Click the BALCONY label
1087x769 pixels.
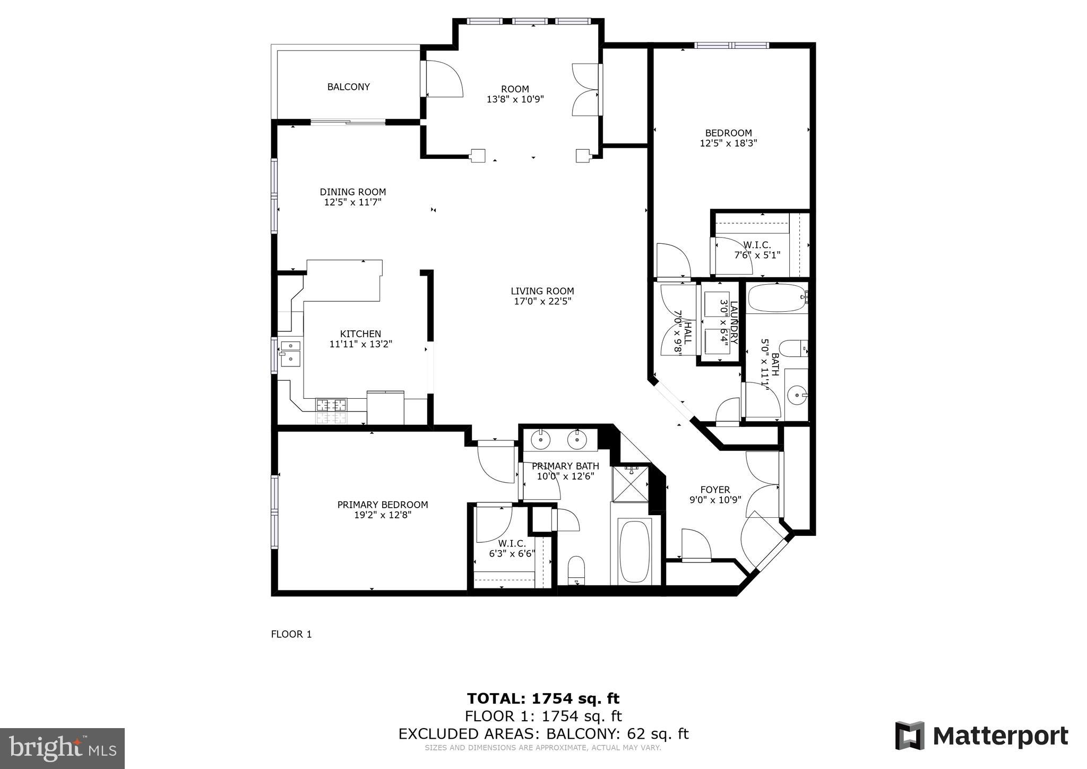pyautogui.click(x=348, y=87)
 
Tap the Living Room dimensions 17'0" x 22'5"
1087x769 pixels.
pyautogui.click(x=542, y=301)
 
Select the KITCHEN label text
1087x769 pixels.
pyautogui.click(x=360, y=334)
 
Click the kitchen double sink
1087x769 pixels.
pyautogui.click(x=290, y=353)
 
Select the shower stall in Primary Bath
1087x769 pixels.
pyautogui.click(x=631, y=484)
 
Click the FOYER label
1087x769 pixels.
pyautogui.click(x=715, y=489)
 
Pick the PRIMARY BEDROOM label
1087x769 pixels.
pyautogui.click(x=382, y=505)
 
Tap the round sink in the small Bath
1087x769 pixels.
pyautogui.click(x=796, y=395)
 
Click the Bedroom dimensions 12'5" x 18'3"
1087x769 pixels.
pyautogui.click(x=728, y=143)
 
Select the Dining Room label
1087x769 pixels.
pyautogui.click(x=352, y=192)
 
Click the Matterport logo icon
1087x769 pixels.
pyautogui.click(x=910, y=736)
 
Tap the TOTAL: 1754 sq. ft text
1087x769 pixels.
pyautogui.click(x=543, y=698)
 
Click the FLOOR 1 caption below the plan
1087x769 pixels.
pyautogui.click(x=291, y=634)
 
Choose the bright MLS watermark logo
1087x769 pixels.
pyautogui.click(x=62, y=748)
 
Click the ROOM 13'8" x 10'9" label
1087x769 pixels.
pyautogui.click(x=515, y=94)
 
